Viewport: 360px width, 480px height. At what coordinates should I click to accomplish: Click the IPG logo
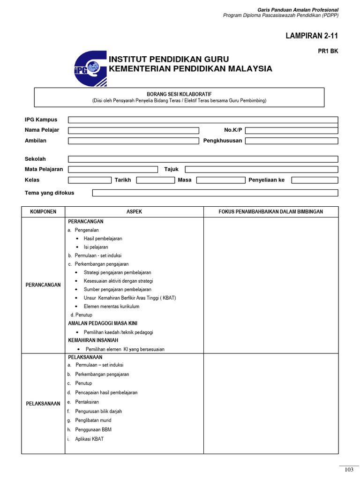[90, 68]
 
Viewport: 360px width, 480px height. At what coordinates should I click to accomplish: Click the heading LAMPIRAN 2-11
[312, 36]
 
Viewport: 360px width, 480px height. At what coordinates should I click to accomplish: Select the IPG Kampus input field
[202, 120]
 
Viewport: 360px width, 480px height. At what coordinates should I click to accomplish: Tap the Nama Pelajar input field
[134, 130]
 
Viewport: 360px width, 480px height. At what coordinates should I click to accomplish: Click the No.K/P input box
[291, 130]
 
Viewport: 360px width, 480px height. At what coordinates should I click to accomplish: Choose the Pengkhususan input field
[291, 141]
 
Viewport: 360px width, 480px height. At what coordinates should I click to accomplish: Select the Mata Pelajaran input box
[113, 169]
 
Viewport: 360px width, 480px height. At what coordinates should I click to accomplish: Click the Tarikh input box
[155, 180]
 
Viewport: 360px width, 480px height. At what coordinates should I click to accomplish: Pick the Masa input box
[220, 180]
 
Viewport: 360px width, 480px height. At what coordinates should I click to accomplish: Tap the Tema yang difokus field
[215, 193]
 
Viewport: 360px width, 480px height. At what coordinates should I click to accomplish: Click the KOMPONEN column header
[43, 212]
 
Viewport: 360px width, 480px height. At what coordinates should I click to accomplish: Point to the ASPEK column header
[134, 212]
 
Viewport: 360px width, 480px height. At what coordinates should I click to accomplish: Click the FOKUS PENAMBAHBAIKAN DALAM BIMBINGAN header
[270, 212]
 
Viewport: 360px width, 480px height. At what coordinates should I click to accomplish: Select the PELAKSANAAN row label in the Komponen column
[43, 404]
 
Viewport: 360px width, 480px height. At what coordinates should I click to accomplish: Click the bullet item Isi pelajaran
[96, 247]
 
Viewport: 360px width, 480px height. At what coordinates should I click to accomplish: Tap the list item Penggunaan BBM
[93, 429]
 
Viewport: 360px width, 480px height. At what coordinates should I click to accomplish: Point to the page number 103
[348, 470]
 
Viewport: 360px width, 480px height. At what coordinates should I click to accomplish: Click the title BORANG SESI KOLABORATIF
[179, 94]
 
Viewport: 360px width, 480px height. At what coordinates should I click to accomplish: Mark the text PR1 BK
[328, 52]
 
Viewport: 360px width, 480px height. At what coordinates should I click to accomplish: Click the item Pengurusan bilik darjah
[98, 411]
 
